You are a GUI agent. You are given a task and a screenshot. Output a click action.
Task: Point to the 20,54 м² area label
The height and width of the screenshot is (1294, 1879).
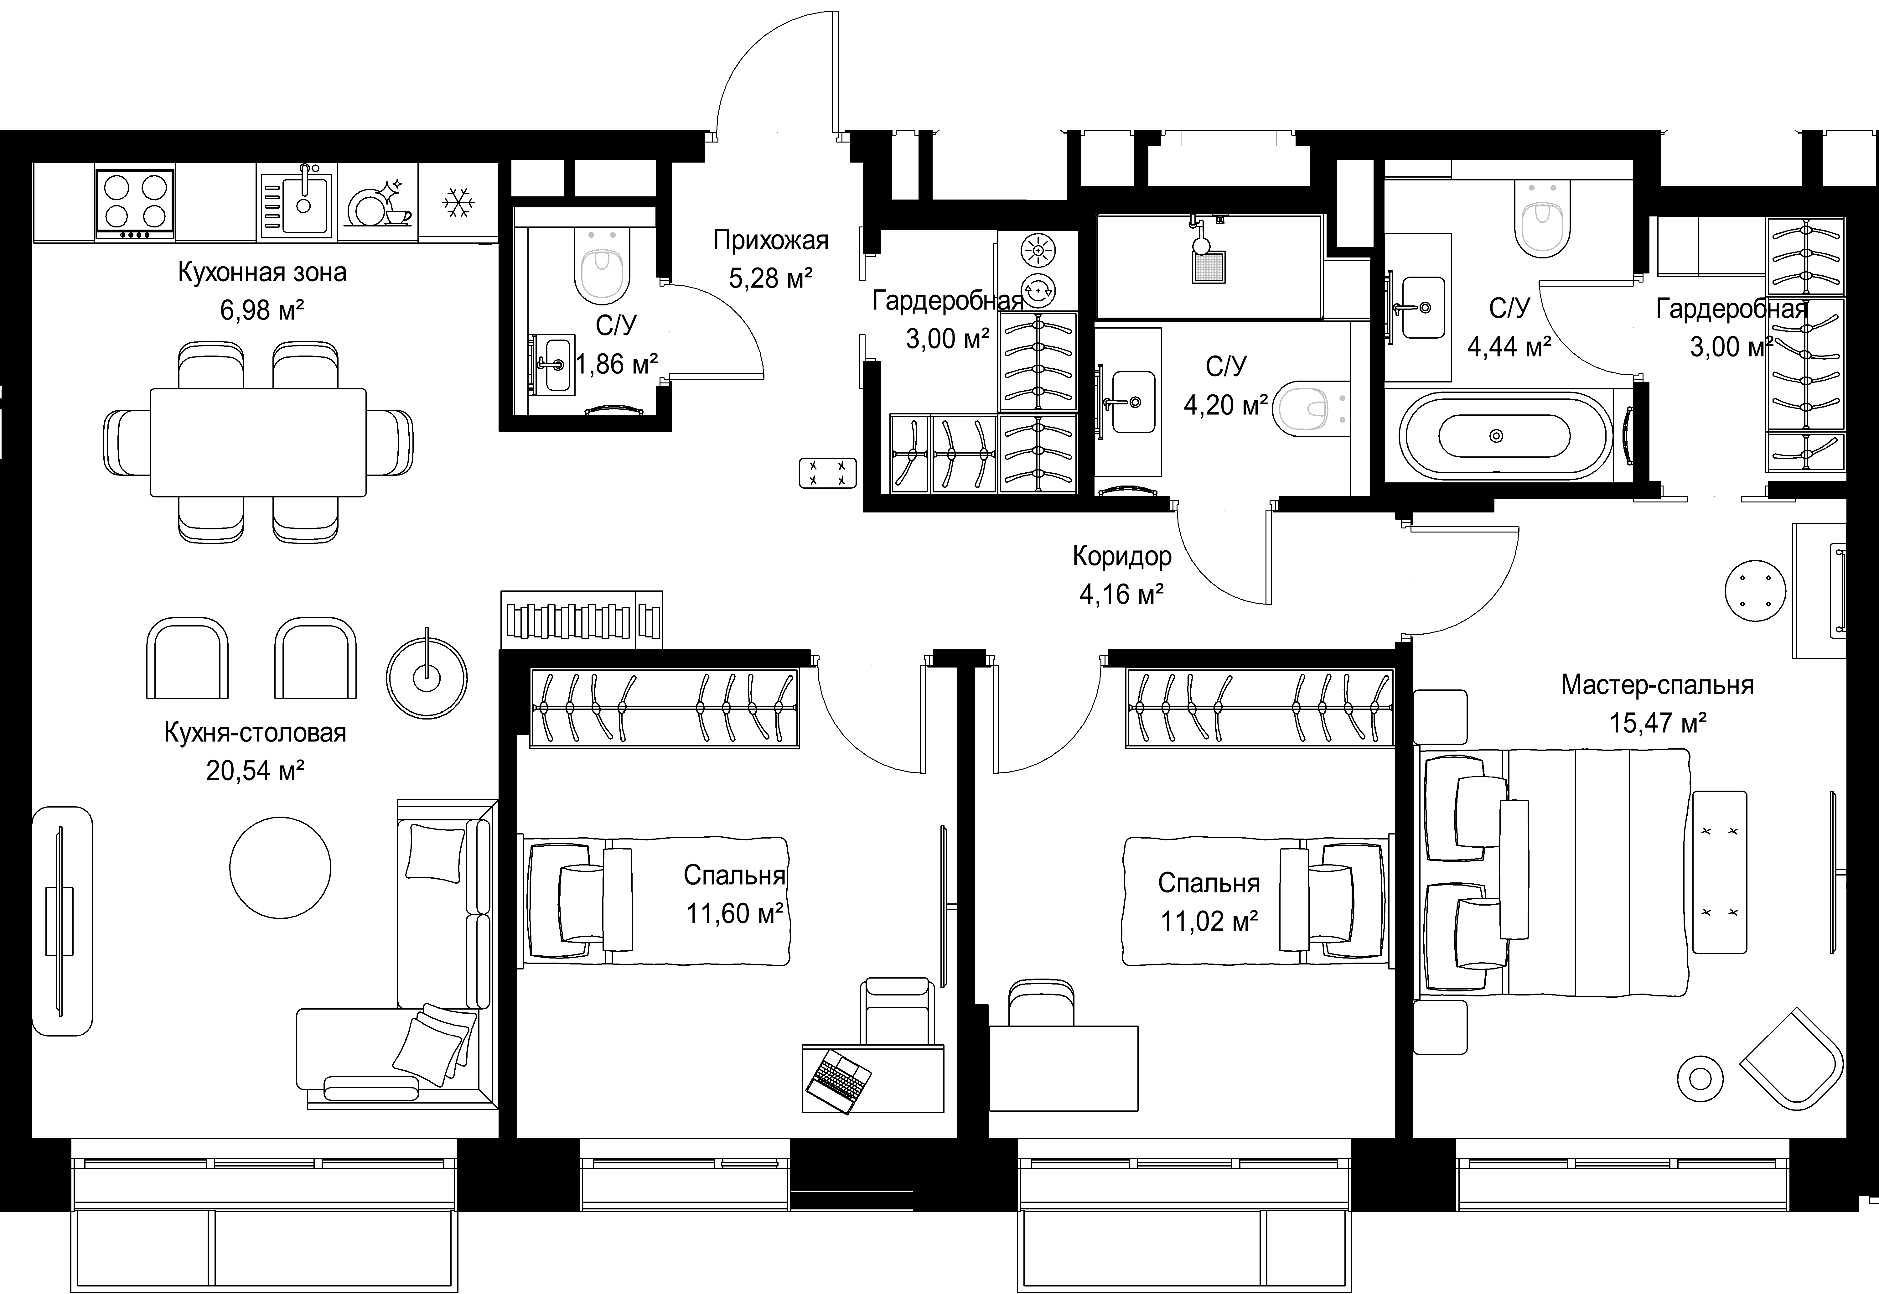pos(255,770)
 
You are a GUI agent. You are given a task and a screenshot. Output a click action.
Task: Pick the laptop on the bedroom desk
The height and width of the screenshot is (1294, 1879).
pos(839,1081)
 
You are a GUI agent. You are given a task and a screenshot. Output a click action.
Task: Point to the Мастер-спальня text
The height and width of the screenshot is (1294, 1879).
pos(1657,685)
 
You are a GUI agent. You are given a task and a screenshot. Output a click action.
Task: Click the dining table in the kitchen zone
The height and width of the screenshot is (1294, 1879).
pos(258,442)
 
